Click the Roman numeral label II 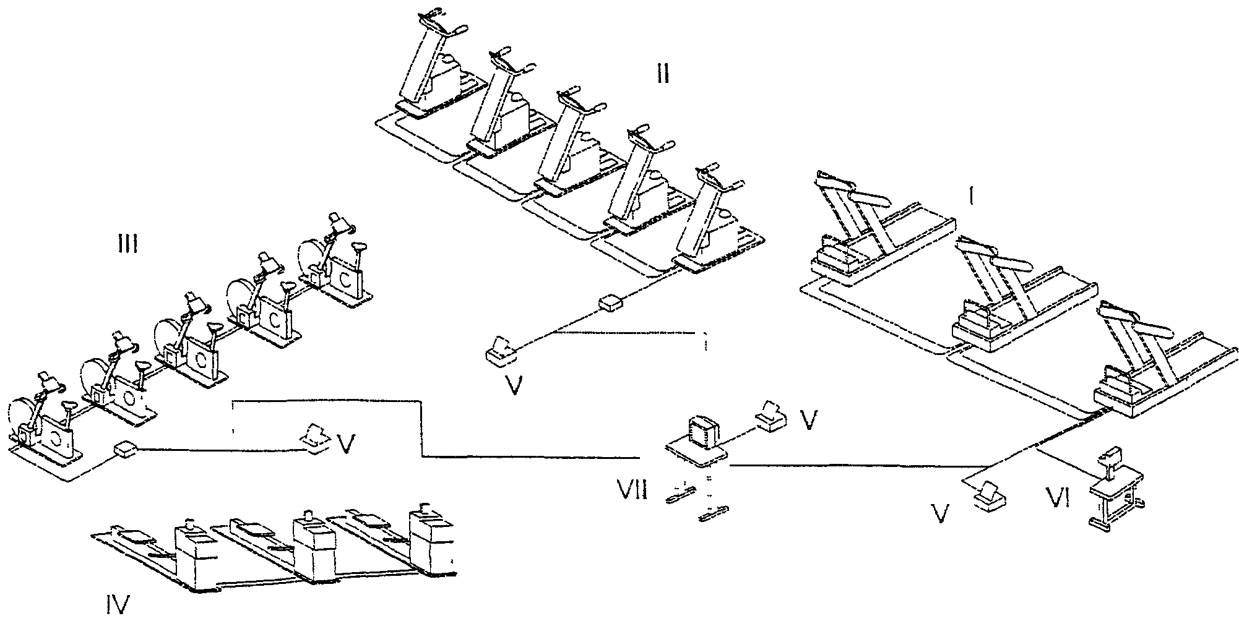(x=662, y=75)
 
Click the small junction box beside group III (x=126, y=449)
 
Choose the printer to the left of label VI (x=990, y=497)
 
